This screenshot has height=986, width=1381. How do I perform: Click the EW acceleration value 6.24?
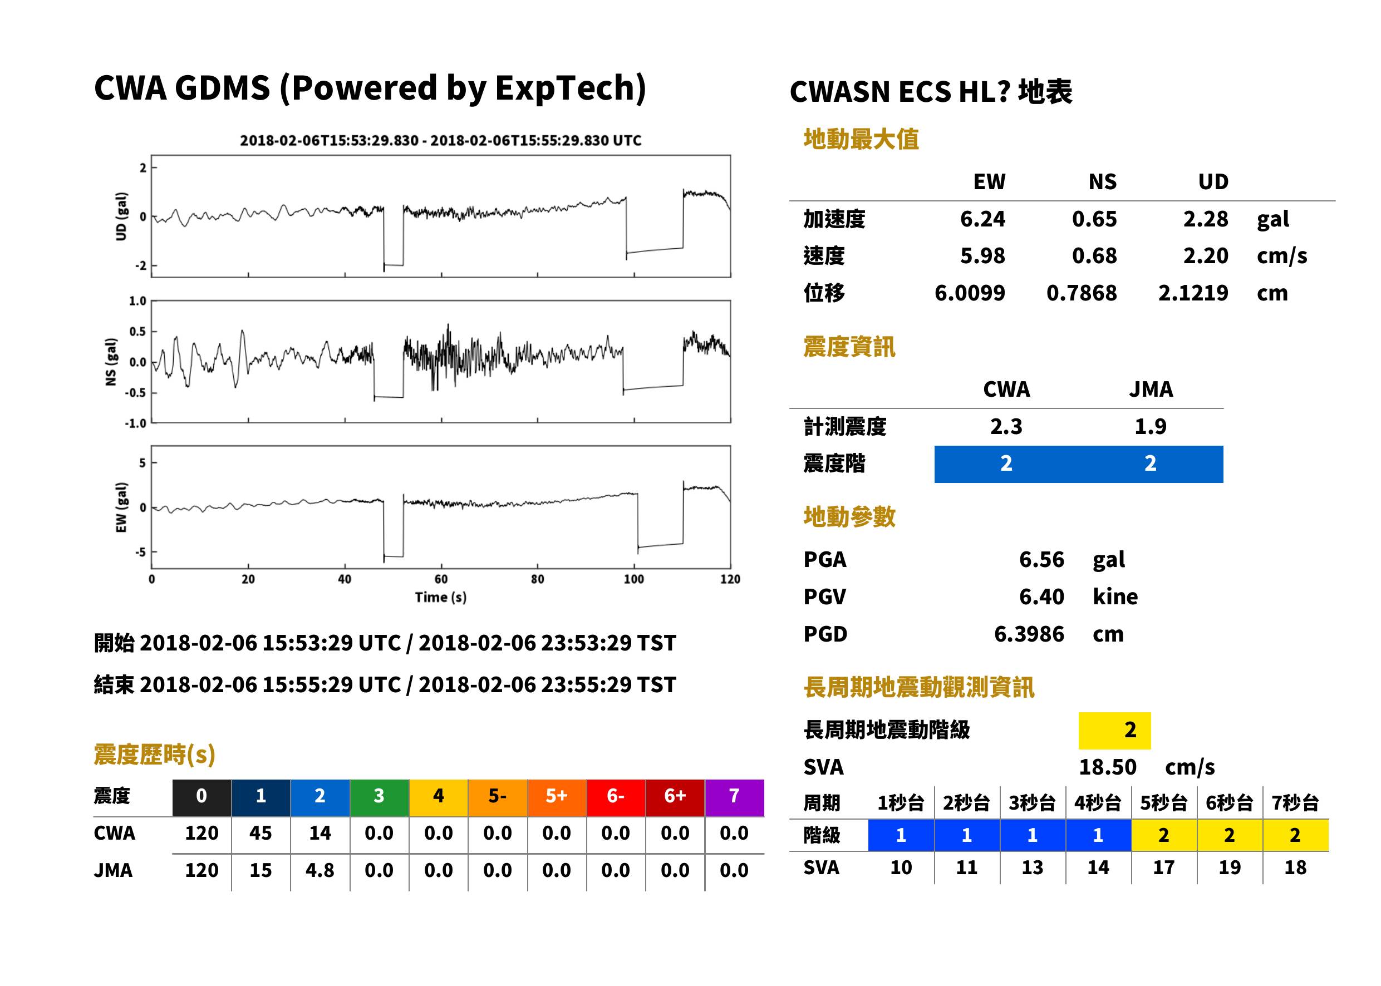tap(982, 219)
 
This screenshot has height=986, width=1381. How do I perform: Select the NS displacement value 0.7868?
tap(1081, 293)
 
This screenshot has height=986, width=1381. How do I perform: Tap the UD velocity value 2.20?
tap(1205, 255)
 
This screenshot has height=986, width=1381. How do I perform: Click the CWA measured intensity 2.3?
tap(1006, 426)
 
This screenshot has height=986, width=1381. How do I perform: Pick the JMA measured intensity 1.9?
tap(1150, 426)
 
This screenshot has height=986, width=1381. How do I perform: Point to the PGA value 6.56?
tap(1041, 559)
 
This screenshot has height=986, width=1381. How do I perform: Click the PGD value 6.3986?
tap(1029, 634)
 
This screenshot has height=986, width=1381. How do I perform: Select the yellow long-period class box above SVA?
tap(1114, 731)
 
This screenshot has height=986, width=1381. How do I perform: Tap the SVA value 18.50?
tap(1107, 767)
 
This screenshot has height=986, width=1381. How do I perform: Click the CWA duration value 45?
tap(261, 833)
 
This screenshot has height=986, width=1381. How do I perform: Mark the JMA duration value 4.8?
tap(320, 870)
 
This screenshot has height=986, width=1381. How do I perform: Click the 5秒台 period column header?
tap(1163, 802)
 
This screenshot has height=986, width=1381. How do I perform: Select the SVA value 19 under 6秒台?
tap(1229, 867)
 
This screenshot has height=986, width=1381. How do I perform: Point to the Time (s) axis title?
tap(441, 598)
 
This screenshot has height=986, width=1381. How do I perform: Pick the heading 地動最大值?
tap(861, 139)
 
